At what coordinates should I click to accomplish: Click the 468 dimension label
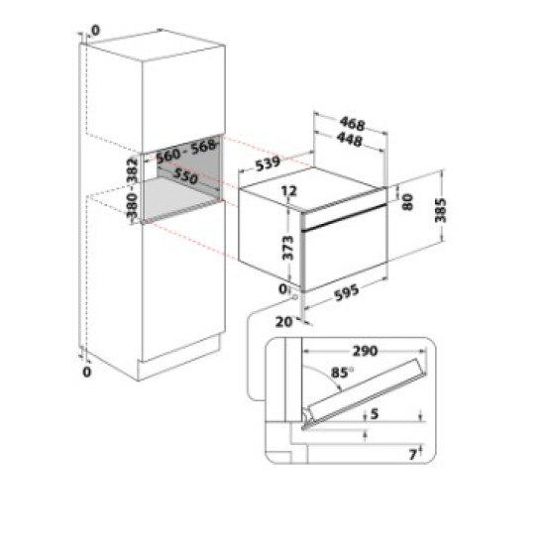click(x=352, y=124)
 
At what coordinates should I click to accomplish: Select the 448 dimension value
click(x=350, y=140)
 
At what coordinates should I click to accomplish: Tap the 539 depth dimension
click(x=268, y=163)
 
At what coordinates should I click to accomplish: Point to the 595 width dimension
click(x=346, y=292)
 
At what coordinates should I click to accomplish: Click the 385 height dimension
click(x=441, y=210)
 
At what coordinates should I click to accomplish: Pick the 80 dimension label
click(x=407, y=202)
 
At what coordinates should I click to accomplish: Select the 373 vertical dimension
click(x=287, y=248)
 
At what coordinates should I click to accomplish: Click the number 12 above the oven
click(x=289, y=191)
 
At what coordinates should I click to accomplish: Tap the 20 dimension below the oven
click(x=283, y=322)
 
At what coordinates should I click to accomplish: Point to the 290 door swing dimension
click(x=365, y=351)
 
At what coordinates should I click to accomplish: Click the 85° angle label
click(x=342, y=373)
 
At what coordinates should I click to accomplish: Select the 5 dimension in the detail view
click(x=375, y=413)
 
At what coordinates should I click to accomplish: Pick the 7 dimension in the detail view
click(x=412, y=454)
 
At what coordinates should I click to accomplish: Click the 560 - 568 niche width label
click(x=185, y=152)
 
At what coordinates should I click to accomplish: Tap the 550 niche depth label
click(x=185, y=175)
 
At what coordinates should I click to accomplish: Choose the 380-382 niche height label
click(x=132, y=188)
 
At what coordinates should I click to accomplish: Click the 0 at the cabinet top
click(x=95, y=31)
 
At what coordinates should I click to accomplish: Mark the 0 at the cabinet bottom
click(x=86, y=372)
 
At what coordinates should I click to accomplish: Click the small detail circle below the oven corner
click(x=294, y=297)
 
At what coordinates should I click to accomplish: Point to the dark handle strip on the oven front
click(x=345, y=218)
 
